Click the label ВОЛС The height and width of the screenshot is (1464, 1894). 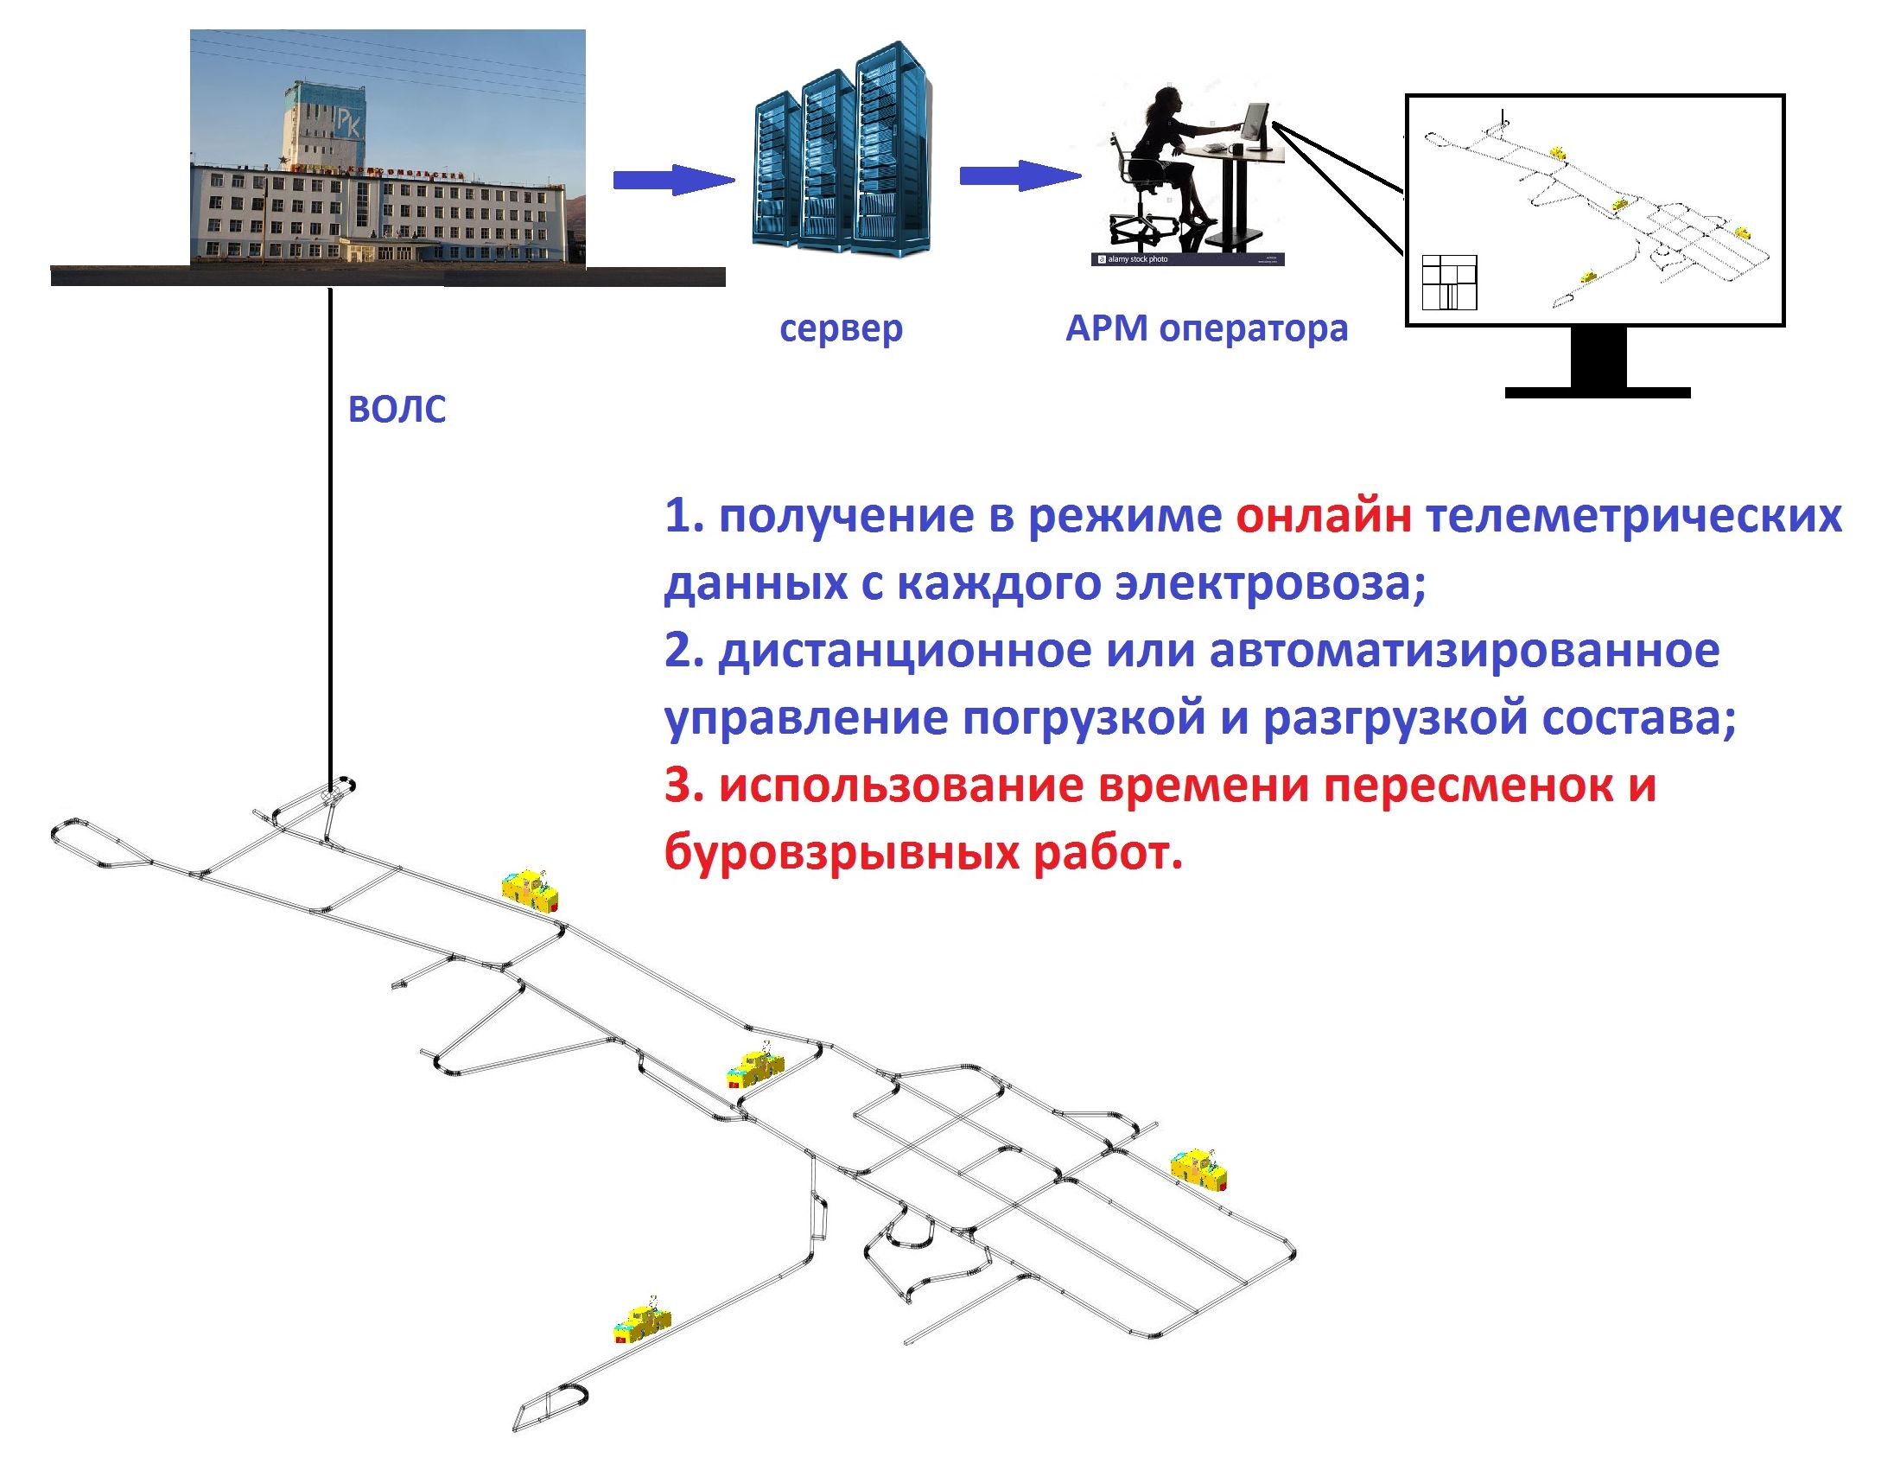click(x=397, y=410)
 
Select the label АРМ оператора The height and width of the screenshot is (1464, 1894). click(x=1206, y=328)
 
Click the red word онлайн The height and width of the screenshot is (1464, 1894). click(x=1325, y=516)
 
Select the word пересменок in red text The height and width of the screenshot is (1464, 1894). click(x=1469, y=786)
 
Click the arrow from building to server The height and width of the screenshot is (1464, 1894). click(x=674, y=180)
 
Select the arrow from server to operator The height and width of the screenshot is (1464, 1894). click(x=1020, y=176)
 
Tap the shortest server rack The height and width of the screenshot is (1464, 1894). click(x=777, y=170)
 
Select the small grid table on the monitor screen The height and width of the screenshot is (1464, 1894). click(x=1449, y=283)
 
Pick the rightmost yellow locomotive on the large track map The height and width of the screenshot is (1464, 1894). click(x=1199, y=1168)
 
